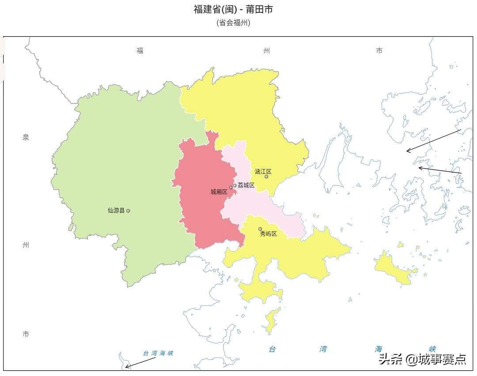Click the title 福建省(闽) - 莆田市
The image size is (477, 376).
pos(233,9)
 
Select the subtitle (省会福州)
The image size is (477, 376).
pos(233,23)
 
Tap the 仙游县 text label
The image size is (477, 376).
pos(116,211)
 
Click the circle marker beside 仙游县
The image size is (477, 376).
pos(128,211)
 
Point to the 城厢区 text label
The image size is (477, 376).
pos(219,192)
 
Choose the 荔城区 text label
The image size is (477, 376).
pos(246,185)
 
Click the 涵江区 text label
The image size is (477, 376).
pos(263,171)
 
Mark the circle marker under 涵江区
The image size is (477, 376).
pos(266,177)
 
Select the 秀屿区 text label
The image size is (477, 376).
pos(268,234)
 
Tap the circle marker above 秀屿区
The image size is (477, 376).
pos(260,229)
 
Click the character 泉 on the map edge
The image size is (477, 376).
pos(26,137)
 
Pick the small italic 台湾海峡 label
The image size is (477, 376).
pos(158,353)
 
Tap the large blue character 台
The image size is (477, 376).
pos(273,349)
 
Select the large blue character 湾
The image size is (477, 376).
pos(324,349)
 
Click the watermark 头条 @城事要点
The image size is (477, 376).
pos(422,360)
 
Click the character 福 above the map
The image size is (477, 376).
pos(140,51)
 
